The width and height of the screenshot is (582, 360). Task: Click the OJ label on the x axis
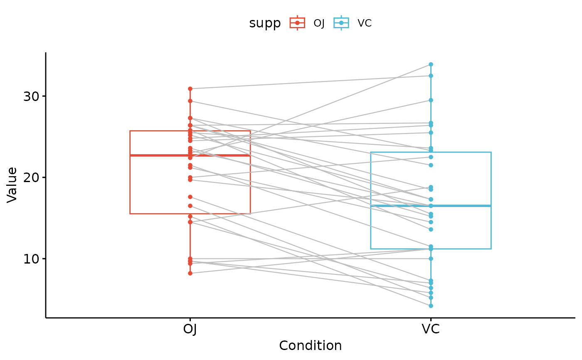190,329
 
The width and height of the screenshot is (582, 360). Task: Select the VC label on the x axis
431,329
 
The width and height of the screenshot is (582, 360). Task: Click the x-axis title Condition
310,346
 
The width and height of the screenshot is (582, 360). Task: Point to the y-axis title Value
12,185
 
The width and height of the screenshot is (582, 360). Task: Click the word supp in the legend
265,23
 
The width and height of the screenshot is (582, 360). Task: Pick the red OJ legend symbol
297,23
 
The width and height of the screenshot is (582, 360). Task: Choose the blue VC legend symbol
341,23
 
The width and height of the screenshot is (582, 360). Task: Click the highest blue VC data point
431,64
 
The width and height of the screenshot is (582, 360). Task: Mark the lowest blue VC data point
431,306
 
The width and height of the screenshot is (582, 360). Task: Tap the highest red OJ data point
190,89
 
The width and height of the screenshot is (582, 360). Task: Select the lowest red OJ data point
190,273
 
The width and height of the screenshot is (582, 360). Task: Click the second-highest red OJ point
190,101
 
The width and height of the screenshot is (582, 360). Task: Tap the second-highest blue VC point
431,76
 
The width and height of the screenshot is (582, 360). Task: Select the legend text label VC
365,23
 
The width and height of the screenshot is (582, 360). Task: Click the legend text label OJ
319,23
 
